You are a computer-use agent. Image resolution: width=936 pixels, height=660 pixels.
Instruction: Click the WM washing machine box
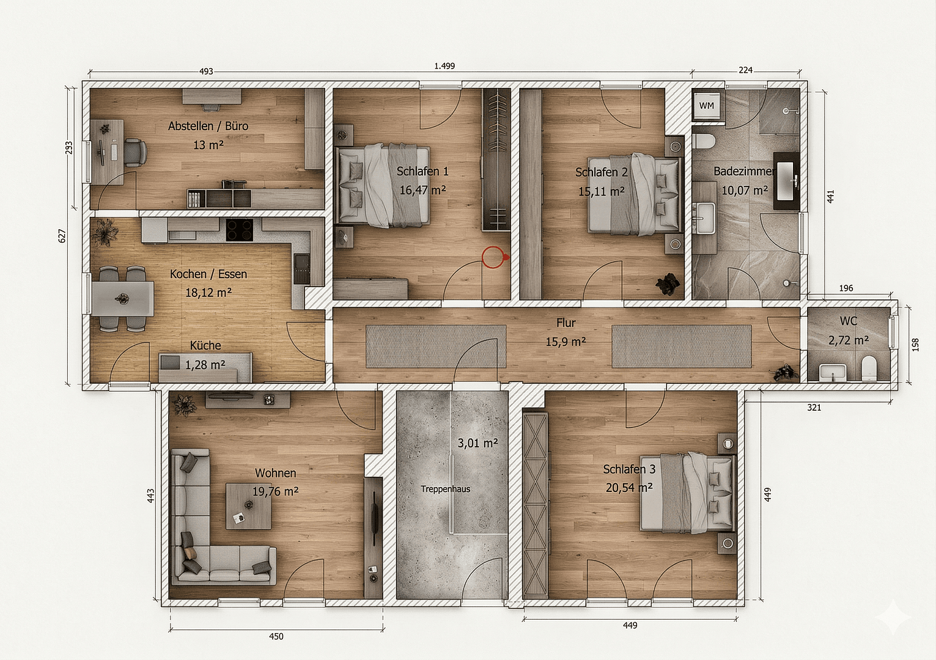(x=707, y=106)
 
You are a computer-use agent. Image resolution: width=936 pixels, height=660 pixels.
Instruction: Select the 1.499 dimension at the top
(x=444, y=66)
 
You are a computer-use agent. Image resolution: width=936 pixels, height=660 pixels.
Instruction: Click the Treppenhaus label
(x=445, y=489)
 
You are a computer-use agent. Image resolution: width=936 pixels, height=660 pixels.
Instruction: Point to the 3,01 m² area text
(x=477, y=442)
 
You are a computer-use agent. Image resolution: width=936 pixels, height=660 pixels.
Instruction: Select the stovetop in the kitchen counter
(x=240, y=230)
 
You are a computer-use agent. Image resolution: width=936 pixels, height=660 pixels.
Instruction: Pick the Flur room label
(x=566, y=323)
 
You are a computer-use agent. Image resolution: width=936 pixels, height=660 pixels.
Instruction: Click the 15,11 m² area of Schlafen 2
(x=601, y=191)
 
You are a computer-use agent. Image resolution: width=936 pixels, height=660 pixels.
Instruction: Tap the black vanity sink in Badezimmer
(x=786, y=181)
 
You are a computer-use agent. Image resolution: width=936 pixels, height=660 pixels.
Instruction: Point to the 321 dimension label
(x=814, y=408)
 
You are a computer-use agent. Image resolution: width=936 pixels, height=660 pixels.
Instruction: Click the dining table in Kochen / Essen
(x=124, y=298)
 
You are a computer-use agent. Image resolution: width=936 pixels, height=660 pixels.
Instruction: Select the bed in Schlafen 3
(x=687, y=491)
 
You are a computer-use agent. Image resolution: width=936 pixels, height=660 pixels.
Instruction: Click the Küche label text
(x=205, y=346)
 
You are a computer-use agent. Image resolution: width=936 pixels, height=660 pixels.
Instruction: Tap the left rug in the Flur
(x=435, y=346)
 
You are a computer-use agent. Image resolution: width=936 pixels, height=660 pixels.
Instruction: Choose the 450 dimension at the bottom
(x=276, y=636)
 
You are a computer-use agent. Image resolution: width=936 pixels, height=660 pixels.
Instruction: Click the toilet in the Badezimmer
(x=704, y=141)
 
